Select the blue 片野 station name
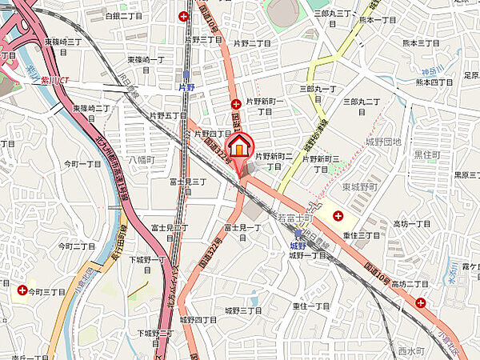[x=186, y=86]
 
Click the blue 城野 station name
[x=298, y=246]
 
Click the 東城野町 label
[x=358, y=186]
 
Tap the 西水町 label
[x=409, y=350]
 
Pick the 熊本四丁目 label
[x=434, y=81]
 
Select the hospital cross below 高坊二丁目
[x=421, y=302]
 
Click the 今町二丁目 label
[x=74, y=246]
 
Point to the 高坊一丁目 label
[x=412, y=224]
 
